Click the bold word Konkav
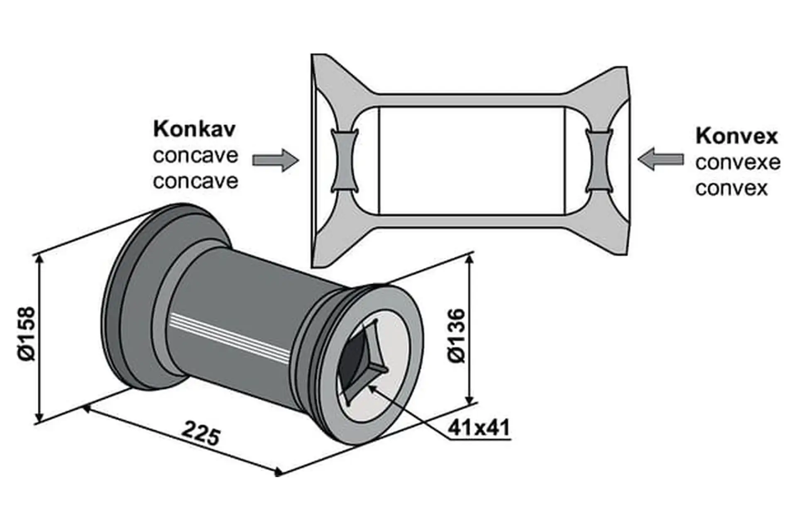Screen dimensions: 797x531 (194, 129)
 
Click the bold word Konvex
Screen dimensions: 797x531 (736, 136)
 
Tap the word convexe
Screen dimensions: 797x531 (738, 163)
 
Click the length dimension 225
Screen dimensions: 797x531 (201, 432)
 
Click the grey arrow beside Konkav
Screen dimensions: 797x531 (275, 160)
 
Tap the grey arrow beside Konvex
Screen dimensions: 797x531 (660, 159)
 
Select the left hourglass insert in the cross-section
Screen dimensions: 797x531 (344, 161)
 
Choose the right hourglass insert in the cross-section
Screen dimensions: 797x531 (599, 161)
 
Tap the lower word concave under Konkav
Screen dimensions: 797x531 (196, 181)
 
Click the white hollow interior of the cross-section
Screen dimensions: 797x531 (472, 161)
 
